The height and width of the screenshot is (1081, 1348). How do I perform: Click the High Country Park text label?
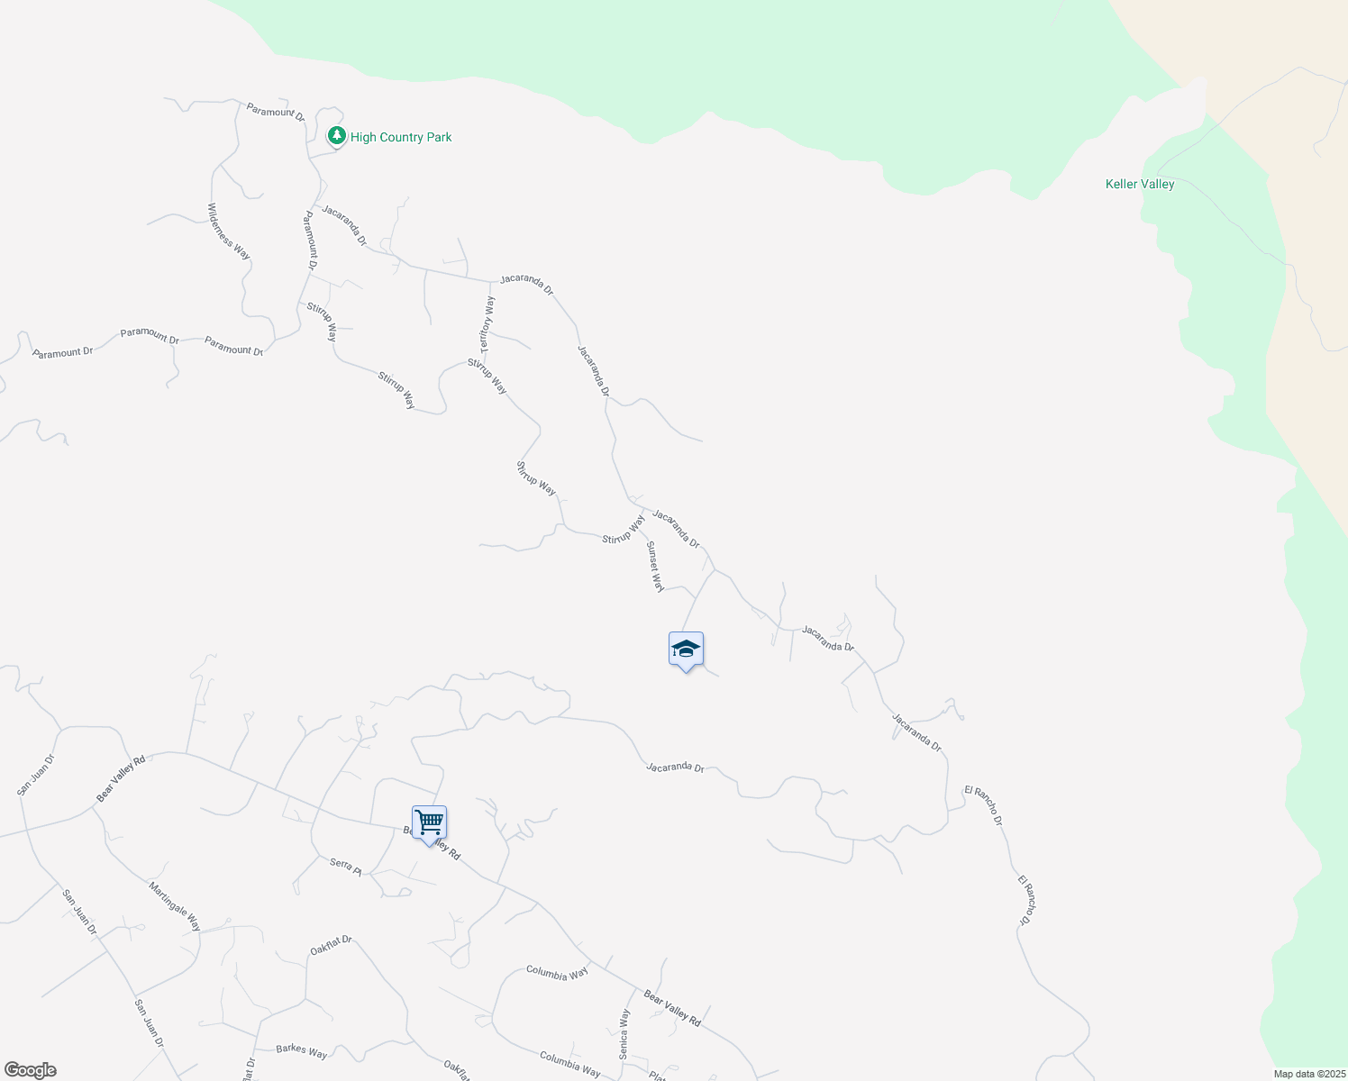click(x=401, y=137)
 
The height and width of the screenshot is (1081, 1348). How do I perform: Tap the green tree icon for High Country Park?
click(x=337, y=136)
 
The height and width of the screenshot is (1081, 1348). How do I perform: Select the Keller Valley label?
click(x=1140, y=184)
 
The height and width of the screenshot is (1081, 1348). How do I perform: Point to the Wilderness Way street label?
click(x=229, y=232)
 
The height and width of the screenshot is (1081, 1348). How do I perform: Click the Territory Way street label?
click(x=487, y=324)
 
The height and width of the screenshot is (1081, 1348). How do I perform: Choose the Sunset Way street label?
click(x=655, y=567)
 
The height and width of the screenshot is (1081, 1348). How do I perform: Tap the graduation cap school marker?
click(x=686, y=649)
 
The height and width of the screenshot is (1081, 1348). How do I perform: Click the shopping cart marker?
click(x=430, y=822)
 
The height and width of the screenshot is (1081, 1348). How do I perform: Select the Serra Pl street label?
click(x=345, y=867)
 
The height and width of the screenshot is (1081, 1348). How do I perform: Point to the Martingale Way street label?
click(x=176, y=906)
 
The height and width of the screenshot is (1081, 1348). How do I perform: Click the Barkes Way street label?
click(x=302, y=1050)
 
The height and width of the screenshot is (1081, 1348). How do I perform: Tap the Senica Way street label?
click(x=624, y=1033)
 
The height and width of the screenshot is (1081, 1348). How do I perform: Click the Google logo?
click(x=30, y=1070)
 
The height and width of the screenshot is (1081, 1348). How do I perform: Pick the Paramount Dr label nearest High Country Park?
click(x=276, y=113)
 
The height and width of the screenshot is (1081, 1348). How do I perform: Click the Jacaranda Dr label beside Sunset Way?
click(x=676, y=529)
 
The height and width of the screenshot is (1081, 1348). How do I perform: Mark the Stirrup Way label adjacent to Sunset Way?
click(x=624, y=529)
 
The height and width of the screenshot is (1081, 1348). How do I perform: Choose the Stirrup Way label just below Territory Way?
click(x=487, y=377)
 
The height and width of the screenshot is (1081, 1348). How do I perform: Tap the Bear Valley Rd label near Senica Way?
click(x=672, y=1008)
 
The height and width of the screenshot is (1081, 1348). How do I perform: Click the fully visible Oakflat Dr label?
click(x=331, y=945)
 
